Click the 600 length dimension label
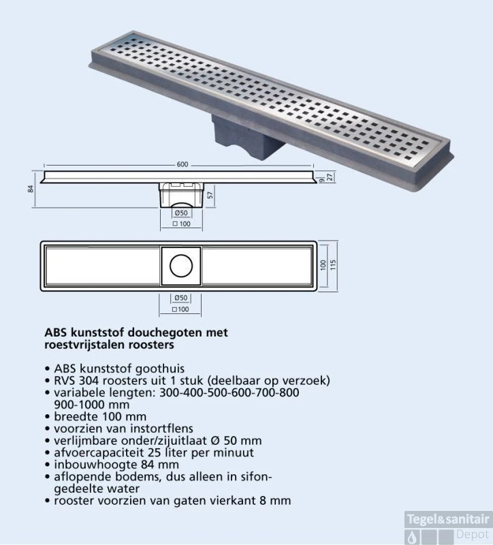[183, 164]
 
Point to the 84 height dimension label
[31, 189]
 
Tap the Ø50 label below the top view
[180, 298]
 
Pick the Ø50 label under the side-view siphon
[180, 213]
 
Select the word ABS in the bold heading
[56, 333]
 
